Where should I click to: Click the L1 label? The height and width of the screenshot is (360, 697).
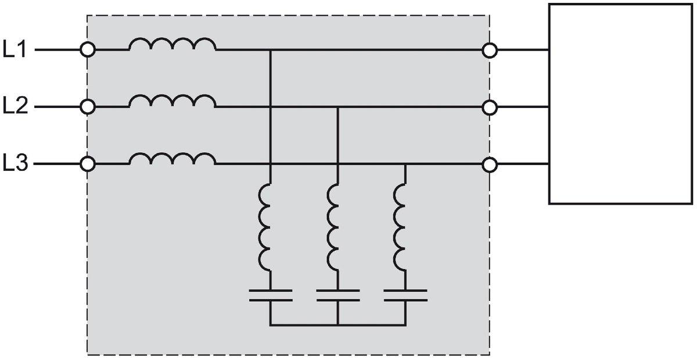pos(16,51)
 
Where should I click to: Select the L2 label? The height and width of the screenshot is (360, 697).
pos(16,107)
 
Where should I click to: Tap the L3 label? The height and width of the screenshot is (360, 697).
pos(16,164)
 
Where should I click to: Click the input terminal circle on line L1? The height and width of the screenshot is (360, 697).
pos(88,50)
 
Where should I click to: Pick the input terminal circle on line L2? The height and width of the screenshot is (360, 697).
pos(88,107)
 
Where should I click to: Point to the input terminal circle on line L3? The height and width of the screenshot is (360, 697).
pos(88,164)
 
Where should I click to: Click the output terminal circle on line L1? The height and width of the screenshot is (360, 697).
pos(490,51)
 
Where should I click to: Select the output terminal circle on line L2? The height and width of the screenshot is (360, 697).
pos(490,107)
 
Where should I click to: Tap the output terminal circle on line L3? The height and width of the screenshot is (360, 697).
pos(490,165)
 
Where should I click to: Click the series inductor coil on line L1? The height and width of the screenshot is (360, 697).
pos(172,45)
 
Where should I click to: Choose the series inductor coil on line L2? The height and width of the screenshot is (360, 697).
pos(172,102)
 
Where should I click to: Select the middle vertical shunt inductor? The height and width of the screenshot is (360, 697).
pos(333,226)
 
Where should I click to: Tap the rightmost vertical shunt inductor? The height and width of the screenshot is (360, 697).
pos(401,226)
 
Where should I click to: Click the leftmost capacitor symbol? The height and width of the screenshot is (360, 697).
pos(271,294)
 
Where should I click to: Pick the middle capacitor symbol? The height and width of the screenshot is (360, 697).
pos(338,294)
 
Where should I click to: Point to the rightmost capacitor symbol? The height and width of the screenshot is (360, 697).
pos(405,294)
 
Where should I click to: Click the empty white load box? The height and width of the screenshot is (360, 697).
pos(620,103)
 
